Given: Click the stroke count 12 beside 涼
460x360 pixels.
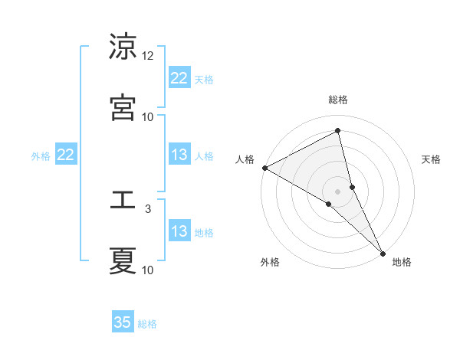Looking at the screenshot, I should [148, 56].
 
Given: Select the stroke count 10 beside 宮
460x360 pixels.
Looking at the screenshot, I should [148, 116].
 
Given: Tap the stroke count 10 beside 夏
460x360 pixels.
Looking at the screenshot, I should [148, 270].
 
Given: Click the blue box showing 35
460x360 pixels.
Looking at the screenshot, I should [123, 322].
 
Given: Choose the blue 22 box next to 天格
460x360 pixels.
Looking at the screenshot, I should [179, 78].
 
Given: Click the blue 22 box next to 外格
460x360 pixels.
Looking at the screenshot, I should [66, 155].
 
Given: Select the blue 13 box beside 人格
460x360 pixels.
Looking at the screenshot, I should [179, 155].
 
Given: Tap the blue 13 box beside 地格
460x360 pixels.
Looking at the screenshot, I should [179, 231].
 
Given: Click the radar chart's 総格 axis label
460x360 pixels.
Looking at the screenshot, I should [338, 100].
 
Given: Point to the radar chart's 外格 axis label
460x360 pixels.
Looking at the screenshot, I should [270, 262].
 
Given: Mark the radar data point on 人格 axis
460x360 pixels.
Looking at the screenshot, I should [264, 168].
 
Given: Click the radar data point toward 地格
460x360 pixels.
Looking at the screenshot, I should [383, 252].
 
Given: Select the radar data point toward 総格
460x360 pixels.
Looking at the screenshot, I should [338, 131].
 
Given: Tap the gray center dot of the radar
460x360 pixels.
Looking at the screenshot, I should [338, 191].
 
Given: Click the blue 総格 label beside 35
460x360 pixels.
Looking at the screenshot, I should [147, 324].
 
